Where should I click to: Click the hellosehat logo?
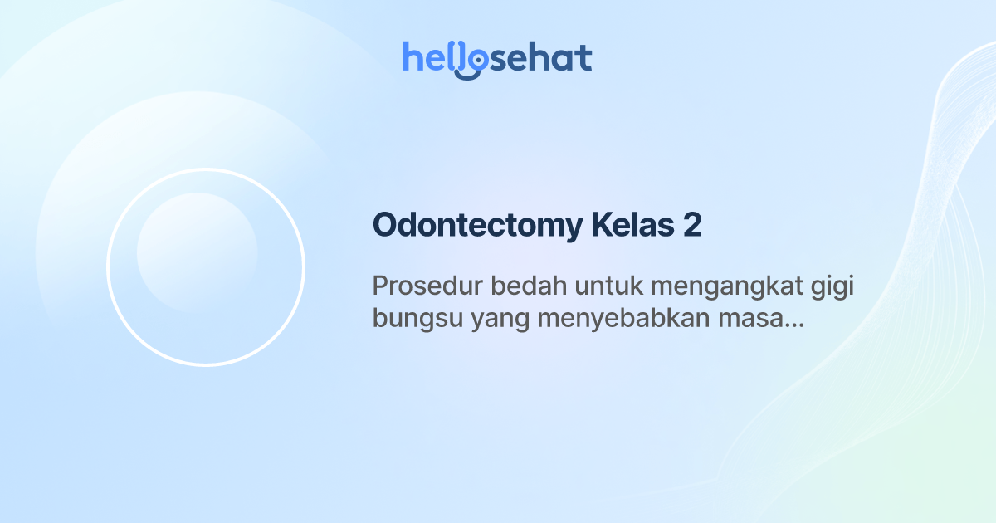click(497, 58)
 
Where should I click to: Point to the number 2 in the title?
click(692, 226)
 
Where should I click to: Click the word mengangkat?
click(727, 287)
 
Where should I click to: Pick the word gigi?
click(832, 287)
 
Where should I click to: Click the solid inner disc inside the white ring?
click(197, 252)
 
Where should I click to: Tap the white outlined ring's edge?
click(108, 267)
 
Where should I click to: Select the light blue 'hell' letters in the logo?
click(430, 58)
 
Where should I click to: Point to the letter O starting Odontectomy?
click(385, 226)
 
